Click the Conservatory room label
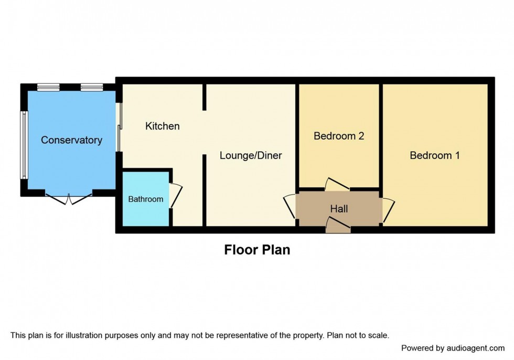point(71,140)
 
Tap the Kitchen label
point(162,126)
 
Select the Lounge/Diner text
point(251,155)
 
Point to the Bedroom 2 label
point(339,136)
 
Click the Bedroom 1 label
point(435,155)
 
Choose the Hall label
point(339,209)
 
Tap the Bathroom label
point(146,199)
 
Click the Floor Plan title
point(257,250)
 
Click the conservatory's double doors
point(69,198)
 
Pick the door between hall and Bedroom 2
point(337,184)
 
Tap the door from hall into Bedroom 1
point(388,209)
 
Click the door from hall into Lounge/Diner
point(291,208)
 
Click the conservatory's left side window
point(23,145)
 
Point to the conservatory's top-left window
point(48,87)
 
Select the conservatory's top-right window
point(91,87)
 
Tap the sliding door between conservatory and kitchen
point(119,126)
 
